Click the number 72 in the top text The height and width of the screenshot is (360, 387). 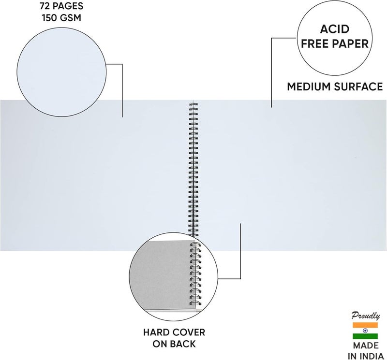point(45,6)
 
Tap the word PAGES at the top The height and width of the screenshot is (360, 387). point(67,6)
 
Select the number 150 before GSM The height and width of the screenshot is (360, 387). point(49,18)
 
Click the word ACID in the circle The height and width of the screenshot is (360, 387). point(335,29)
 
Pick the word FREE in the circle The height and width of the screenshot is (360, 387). point(314,43)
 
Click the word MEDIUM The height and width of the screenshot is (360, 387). point(309,87)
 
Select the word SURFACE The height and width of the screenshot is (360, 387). point(358,87)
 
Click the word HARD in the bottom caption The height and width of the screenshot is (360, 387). point(155,332)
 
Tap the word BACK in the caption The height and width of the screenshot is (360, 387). point(183,344)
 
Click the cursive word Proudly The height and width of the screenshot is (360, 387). point(366,316)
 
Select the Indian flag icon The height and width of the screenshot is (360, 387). point(365,331)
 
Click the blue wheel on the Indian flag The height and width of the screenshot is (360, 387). point(365,331)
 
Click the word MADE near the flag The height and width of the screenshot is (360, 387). point(366,346)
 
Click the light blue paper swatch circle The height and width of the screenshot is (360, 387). point(61,72)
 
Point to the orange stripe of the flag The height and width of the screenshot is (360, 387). point(365,325)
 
